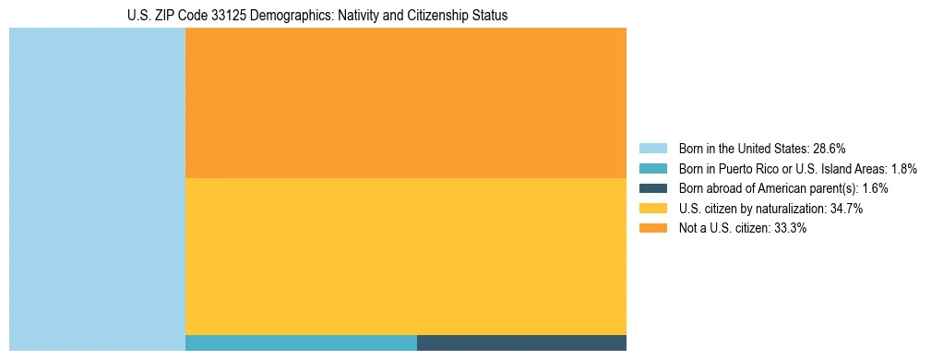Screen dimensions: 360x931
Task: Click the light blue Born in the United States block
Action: point(97,189)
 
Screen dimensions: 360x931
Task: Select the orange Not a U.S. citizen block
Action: point(406,102)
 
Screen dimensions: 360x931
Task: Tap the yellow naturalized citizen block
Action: point(406,256)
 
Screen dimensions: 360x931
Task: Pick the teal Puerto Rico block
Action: point(301,342)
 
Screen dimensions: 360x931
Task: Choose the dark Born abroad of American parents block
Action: point(521,342)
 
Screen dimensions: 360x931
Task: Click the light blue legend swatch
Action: point(652,149)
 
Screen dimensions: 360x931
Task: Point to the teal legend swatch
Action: point(652,169)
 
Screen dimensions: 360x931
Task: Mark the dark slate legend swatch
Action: point(652,188)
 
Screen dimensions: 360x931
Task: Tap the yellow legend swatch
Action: point(652,209)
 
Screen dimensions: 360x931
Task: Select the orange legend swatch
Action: point(652,229)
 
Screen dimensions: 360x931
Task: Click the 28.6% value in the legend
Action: point(829,149)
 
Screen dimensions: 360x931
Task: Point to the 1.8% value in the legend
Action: point(904,169)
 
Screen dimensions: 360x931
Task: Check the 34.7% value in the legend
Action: point(846,209)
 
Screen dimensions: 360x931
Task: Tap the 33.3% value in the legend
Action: point(790,229)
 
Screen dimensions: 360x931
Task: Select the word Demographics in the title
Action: point(294,16)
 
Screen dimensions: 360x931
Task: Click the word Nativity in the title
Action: point(360,16)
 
